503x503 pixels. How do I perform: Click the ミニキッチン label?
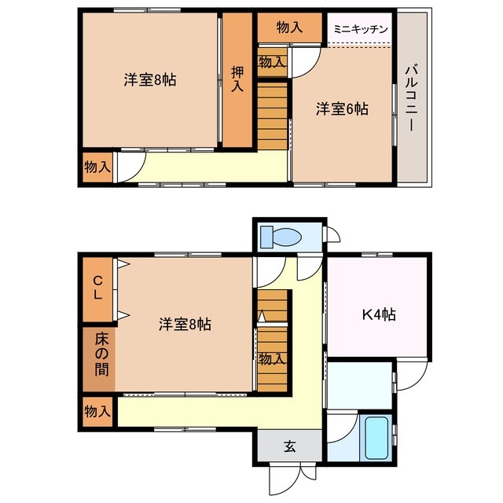coord(360,29)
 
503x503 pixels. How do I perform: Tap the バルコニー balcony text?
coord(411,98)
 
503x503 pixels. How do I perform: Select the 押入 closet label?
coord(237,79)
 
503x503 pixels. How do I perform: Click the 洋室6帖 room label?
coord(342,109)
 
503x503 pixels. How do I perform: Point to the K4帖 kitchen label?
coord(378,315)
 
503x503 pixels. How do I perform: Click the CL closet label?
coord(98,288)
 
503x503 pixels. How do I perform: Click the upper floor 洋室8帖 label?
coord(149,79)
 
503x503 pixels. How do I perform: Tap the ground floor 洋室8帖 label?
coord(185,323)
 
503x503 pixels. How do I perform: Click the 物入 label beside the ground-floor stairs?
coord(271,359)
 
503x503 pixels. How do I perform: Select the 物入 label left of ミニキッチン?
coord(289,27)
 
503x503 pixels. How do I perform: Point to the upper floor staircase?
coord(273,114)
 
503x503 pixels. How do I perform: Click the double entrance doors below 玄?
coord(288,475)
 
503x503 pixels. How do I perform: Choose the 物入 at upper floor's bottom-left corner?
coord(97,167)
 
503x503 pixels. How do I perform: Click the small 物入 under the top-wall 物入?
coord(272,61)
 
